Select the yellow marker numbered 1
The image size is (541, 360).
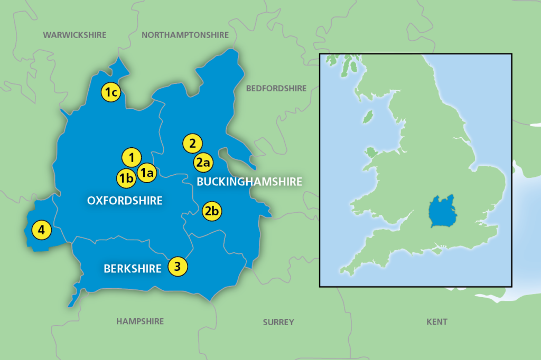pyautogui.click(x=132, y=157)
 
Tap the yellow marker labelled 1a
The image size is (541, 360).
pyautogui.click(x=146, y=172)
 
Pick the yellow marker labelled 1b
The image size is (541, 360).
pyautogui.click(x=126, y=178)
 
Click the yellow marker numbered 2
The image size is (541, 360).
pyautogui.click(x=192, y=143)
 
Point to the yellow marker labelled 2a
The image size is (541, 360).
pyautogui.click(x=203, y=163)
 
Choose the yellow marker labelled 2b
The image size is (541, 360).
pyautogui.click(x=212, y=212)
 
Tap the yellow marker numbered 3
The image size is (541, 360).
pyautogui.click(x=178, y=267)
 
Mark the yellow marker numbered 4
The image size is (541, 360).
pyautogui.click(x=41, y=230)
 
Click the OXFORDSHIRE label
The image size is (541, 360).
pyautogui.click(x=124, y=200)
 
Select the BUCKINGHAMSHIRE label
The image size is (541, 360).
pyautogui.click(x=249, y=182)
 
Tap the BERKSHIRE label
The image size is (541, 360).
pyautogui.click(x=132, y=269)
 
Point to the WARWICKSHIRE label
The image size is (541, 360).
pyautogui.click(x=74, y=35)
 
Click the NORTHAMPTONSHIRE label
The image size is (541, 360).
pyautogui.click(x=185, y=35)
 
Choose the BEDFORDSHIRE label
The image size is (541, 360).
pyautogui.click(x=276, y=89)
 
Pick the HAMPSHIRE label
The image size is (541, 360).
pyautogui.click(x=140, y=321)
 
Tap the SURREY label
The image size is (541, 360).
pyautogui.click(x=278, y=322)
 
